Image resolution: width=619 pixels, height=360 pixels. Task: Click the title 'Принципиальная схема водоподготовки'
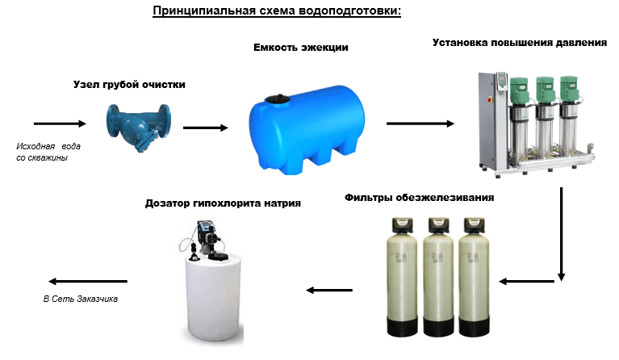click(x=277, y=12)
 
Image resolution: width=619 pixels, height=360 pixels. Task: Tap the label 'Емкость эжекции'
click(x=301, y=48)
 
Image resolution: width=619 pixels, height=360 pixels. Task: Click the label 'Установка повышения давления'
click(x=519, y=42)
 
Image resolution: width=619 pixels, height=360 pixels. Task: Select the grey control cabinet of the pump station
click(x=486, y=117)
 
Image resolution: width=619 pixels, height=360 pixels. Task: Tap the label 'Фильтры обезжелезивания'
click(x=419, y=197)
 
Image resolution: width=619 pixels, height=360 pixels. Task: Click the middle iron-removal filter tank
click(x=439, y=274)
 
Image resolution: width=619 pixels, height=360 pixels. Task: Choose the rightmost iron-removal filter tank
click(x=477, y=274)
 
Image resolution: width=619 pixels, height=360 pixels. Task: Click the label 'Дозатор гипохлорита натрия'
click(x=224, y=203)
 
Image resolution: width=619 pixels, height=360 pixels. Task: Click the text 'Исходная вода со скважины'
click(x=48, y=153)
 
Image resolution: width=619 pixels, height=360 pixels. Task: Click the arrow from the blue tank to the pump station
click(x=420, y=123)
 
